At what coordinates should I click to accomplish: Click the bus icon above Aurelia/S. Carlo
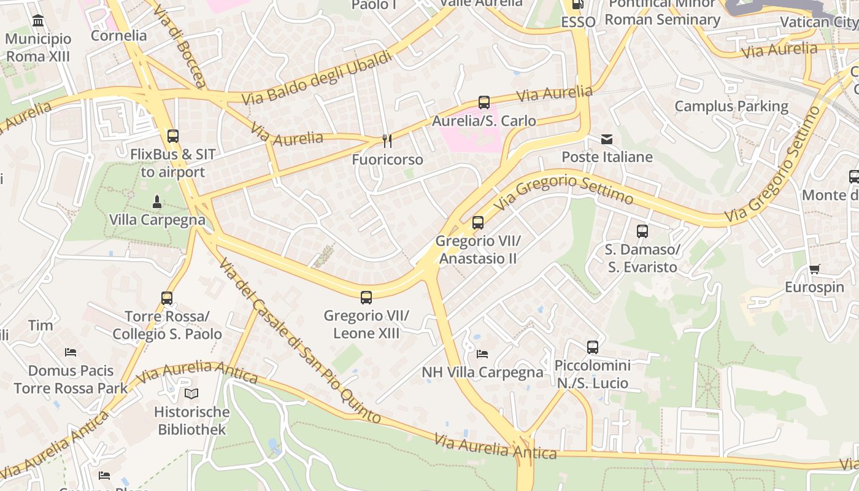point(484,102)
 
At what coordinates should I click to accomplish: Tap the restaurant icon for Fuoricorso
point(387,141)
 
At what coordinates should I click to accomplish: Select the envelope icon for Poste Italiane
point(607,139)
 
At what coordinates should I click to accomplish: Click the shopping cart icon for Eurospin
point(814,269)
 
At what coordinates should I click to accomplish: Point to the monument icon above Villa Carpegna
point(157,201)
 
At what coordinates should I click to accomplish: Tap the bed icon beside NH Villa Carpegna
point(482,354)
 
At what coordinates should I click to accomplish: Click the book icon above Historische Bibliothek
point(191,393)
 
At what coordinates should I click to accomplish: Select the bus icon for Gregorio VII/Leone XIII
point(366,298)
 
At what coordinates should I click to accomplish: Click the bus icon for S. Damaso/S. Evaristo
point(642,231)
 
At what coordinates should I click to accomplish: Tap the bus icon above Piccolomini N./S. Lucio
point(593,347)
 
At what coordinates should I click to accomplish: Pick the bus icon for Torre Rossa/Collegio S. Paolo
point(167,298)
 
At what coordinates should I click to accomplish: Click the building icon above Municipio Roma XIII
point(38,21)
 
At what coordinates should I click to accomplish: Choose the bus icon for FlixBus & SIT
point(173,136)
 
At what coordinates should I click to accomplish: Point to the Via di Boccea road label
point(179,46)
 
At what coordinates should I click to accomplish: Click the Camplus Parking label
point(731,106)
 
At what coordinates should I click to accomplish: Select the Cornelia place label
point(119,36)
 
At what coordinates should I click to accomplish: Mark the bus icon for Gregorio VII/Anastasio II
point(478,223)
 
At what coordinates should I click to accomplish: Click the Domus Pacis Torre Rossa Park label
point(71,379)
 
